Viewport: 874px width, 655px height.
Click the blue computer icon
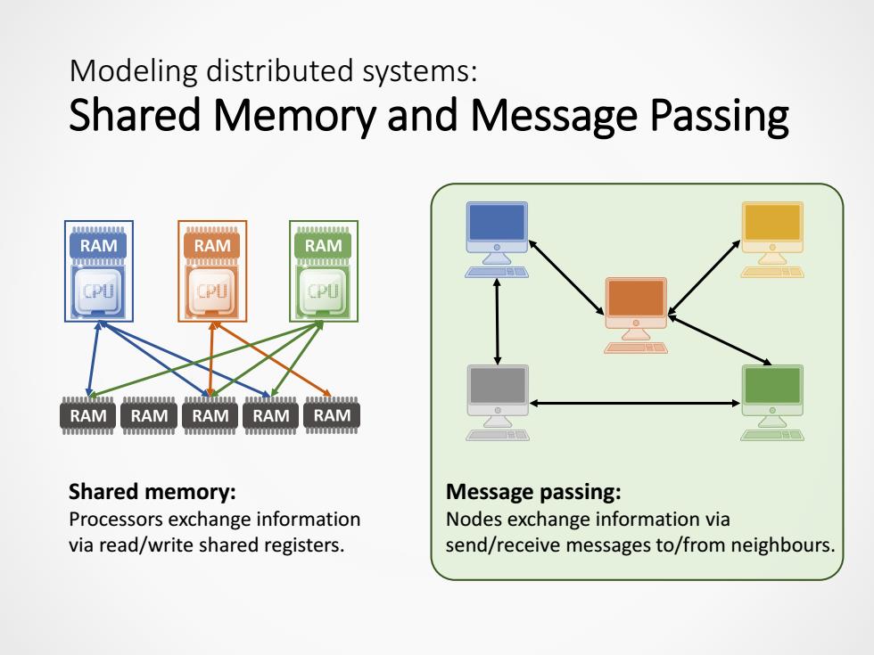click(497, 240)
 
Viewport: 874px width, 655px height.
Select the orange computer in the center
click(636, 315)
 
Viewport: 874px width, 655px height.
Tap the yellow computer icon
click(772, 240)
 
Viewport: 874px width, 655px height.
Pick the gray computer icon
click(498, 403)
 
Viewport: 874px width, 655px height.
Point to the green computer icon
click(772, 403)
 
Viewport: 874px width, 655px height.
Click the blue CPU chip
click(99, 291)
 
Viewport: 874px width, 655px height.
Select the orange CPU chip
click(212, 291)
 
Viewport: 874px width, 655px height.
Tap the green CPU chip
click(323, 291)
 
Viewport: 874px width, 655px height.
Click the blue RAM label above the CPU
click(99, 245)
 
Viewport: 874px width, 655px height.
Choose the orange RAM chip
click(212, 245)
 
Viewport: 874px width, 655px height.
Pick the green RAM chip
click(323, 245)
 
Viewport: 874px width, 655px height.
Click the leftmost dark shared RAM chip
click(88, 415)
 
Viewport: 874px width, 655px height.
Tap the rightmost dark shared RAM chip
click(332, 415)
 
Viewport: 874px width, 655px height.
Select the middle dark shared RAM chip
click(210, 415)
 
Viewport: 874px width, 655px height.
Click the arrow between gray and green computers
click(635, 403)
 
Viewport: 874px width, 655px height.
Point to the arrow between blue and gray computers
click(498, 322)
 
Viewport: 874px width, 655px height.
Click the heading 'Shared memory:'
click(153, 492)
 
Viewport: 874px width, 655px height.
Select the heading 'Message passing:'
click(533, 492)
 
